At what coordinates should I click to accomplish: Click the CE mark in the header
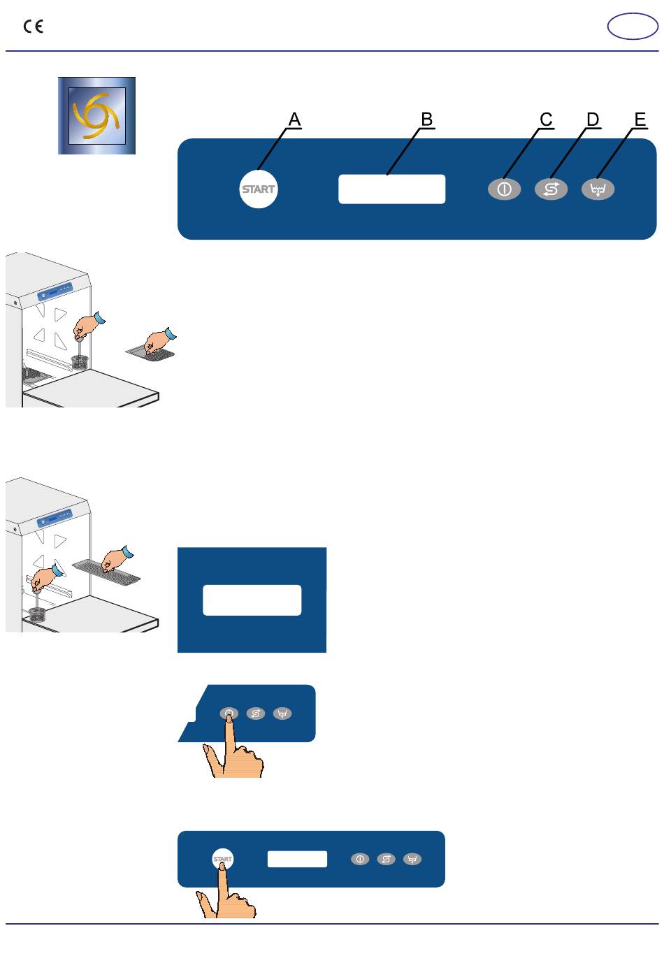(33, 27)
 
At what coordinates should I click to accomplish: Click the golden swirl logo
(96, 115)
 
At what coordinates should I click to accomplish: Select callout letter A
(294, 119)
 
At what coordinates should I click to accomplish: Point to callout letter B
(426, 119)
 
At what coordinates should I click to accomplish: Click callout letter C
(546, 119)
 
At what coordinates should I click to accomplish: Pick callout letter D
(593, 119)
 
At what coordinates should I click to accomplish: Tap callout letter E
(640, 119)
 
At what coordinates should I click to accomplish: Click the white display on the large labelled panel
(392, 189)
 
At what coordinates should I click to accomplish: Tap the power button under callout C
(504, 189)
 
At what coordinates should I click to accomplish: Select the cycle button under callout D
(551, 189)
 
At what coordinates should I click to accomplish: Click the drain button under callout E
(598, 189)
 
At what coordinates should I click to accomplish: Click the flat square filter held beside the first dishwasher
(150, 353)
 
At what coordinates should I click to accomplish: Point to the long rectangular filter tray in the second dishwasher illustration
(107, 572)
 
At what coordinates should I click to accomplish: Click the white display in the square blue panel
(252, 600)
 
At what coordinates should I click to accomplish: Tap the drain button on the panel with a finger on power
(282, 714)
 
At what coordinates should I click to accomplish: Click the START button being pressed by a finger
(223, 859)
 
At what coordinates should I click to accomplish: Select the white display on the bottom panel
(297, 859)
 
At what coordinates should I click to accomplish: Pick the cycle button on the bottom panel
(387, 859)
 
